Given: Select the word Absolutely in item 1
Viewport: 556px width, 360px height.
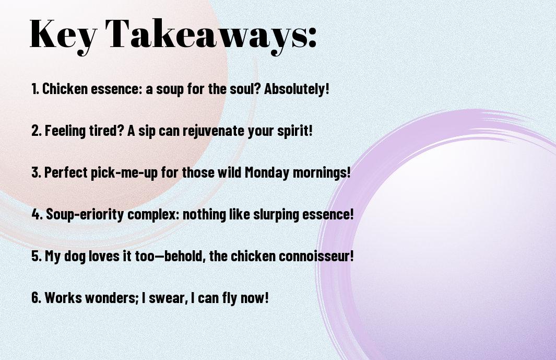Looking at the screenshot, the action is (x=294, y=89).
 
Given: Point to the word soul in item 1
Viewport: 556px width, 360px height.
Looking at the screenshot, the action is (x=243, y=89).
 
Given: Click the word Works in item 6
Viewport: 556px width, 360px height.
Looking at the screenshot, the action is (x=64, y=297).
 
